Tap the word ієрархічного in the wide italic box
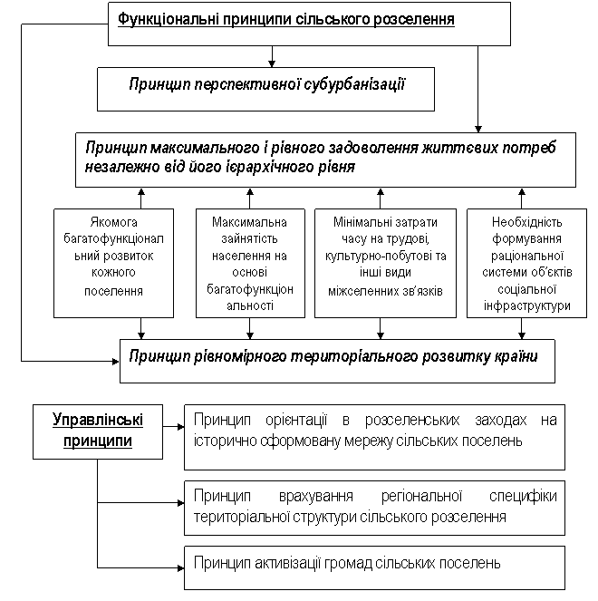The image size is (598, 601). (275, 167)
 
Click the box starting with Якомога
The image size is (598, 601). (114, 263)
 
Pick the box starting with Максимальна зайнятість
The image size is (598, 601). (250, 263)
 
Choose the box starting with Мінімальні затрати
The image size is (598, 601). (385, 263)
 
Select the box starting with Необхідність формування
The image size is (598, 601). (526, 263)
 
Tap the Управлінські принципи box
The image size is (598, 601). (98, 431)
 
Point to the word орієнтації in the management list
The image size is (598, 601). (296, 420)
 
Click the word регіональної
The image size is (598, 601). (421, 496)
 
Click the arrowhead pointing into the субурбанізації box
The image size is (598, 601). (272, 63)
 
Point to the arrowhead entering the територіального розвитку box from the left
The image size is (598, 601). (115, 361)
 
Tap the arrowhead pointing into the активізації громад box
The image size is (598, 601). (181, 567)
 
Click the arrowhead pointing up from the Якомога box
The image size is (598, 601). (141, 191)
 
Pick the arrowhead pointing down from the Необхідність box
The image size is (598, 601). (522, 335)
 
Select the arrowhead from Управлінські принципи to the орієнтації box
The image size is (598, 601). (181, 426)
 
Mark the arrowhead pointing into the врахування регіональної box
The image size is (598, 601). (181, 502)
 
